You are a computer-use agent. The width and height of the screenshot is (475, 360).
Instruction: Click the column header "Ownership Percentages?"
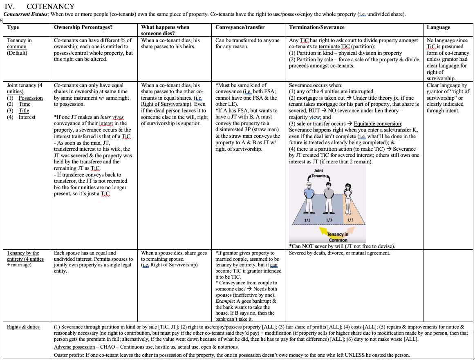click(83, 27)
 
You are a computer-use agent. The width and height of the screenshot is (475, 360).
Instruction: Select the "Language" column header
click(438, 27)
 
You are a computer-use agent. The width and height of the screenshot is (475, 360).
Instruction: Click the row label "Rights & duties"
click(23, 327)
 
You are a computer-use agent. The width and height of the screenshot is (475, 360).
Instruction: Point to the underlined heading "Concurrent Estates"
click(25, 14)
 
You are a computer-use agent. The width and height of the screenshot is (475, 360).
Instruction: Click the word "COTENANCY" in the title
click(51, 6)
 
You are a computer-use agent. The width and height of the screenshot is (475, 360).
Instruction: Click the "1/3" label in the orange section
click(350, 220)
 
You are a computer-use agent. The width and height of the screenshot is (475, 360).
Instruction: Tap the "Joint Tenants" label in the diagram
click(318, 173)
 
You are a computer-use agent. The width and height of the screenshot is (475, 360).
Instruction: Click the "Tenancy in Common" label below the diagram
click(338, 237)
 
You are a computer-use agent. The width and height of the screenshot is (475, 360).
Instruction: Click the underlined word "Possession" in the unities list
click(31, 98)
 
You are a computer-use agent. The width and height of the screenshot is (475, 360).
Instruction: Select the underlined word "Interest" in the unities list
click(27, 117)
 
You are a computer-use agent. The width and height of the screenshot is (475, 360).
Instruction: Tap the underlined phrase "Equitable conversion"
click(378, 124)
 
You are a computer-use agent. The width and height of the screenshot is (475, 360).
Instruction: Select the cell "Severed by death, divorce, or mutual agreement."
click(339, 253)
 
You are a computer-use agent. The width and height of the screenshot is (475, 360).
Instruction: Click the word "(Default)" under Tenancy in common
click(17, 53)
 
